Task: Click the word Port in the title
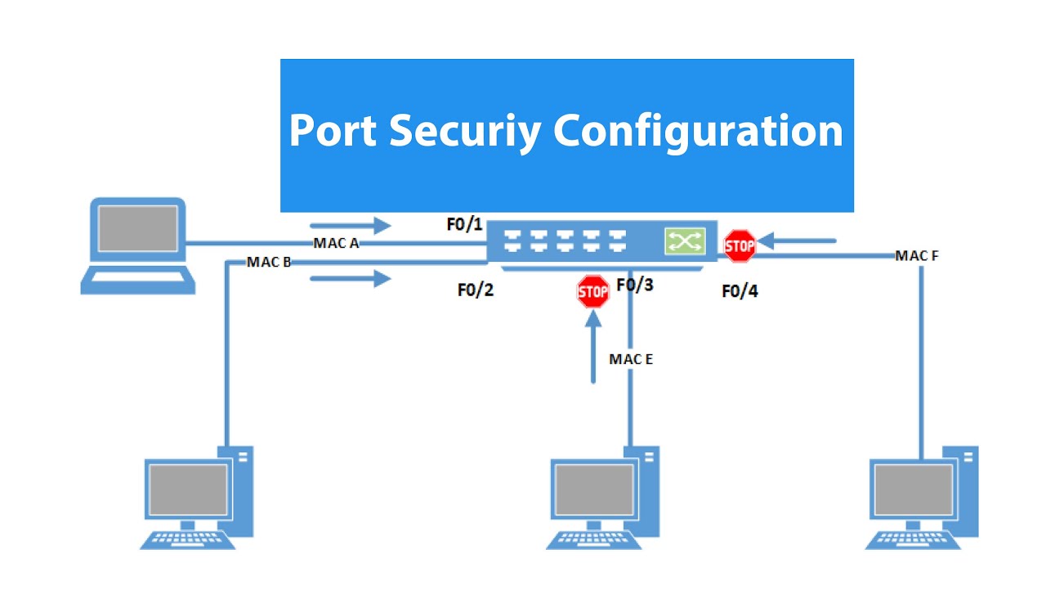[333, 130]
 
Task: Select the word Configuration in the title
[698, 131]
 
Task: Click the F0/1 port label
[465, 225]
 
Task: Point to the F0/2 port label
[476, 290]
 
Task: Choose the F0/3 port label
[635, 285]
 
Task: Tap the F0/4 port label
[740, 290]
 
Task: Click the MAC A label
[337, 243]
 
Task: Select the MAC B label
[270, 262]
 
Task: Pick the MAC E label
[631, 358]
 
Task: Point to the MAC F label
[917, 256]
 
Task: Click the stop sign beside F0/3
[593, 291]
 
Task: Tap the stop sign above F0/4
[740, 245]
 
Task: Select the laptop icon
[137, 244]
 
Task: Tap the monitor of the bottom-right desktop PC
[912, 488]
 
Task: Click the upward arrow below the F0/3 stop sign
[594, 348]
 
